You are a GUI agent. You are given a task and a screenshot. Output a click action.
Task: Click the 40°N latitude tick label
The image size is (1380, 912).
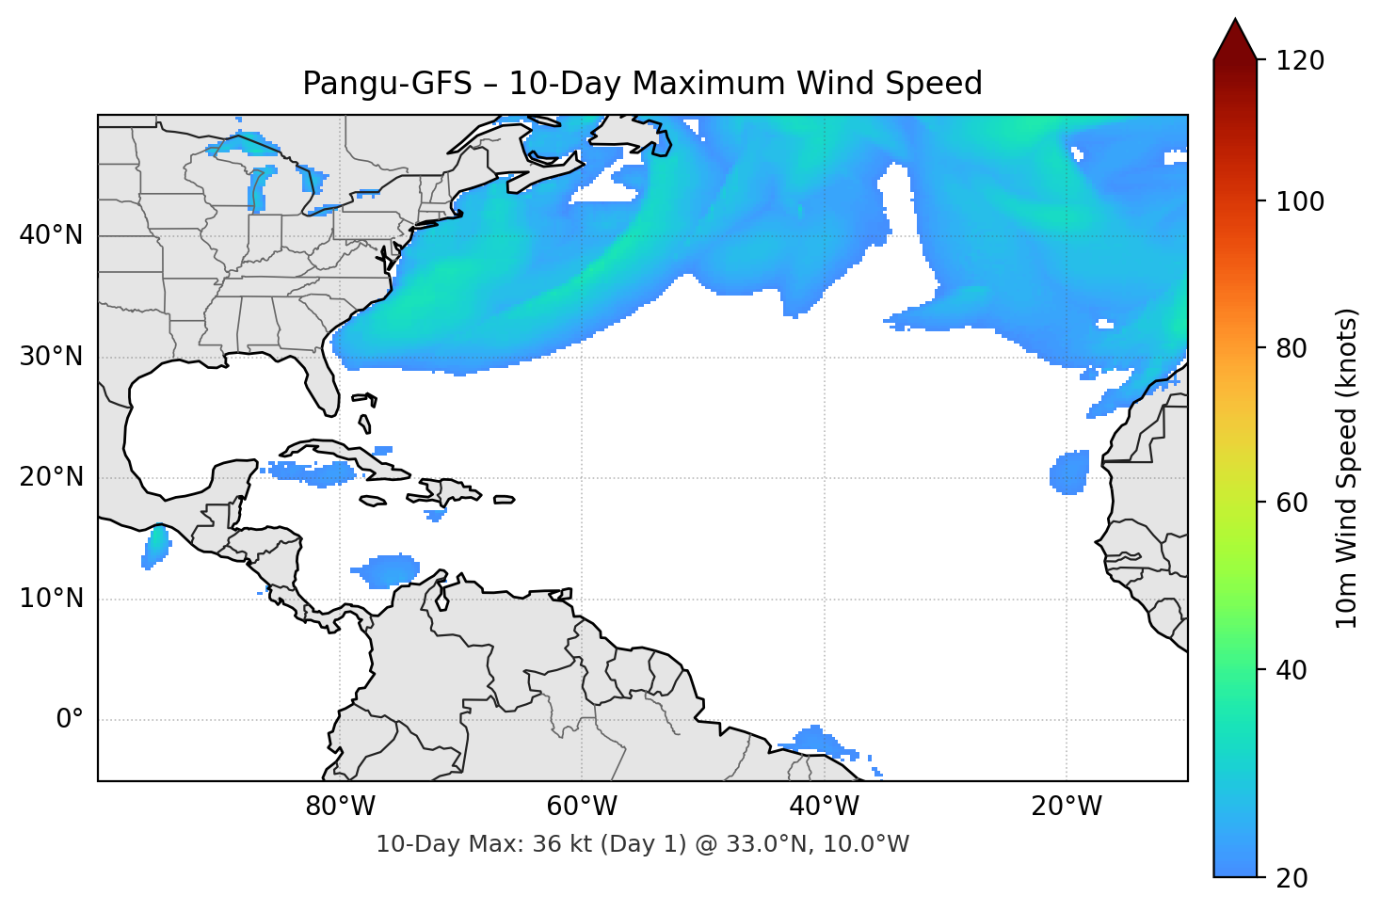pos(51,235)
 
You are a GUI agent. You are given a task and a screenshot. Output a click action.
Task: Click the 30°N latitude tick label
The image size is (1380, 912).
pos(51,357)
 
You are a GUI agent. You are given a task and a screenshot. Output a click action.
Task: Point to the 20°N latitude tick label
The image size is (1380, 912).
pos(51,477)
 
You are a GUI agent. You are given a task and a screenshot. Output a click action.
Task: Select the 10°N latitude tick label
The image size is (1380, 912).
pos(51,599)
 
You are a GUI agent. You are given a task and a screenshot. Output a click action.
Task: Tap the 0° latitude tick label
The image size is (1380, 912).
pos(70,720)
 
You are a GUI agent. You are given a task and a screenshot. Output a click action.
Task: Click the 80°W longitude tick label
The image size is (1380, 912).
pos(340,807)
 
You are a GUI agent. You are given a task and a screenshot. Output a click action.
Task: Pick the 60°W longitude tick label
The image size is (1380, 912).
pos(582,807)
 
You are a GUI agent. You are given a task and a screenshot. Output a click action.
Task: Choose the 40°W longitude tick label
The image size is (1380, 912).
pos(824,807)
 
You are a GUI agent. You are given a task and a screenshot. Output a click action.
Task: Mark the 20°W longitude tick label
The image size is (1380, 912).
pos(1066,807)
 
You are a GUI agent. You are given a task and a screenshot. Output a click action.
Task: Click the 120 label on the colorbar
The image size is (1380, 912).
pos(1300,61)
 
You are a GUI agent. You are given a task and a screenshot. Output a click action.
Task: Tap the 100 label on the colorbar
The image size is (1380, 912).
pos(1300,201)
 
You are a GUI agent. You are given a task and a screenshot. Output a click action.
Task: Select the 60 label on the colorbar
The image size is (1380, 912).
pos(1292,503)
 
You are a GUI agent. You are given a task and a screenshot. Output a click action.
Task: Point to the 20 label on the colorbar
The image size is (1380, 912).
pos(1292,877)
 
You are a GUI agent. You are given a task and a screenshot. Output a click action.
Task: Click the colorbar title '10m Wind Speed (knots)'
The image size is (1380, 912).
pos(1347,468)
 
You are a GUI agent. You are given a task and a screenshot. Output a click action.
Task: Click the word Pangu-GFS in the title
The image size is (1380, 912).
pos(387,84)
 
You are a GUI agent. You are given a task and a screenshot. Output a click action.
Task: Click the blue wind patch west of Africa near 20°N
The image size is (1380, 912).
pos(1069,472)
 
